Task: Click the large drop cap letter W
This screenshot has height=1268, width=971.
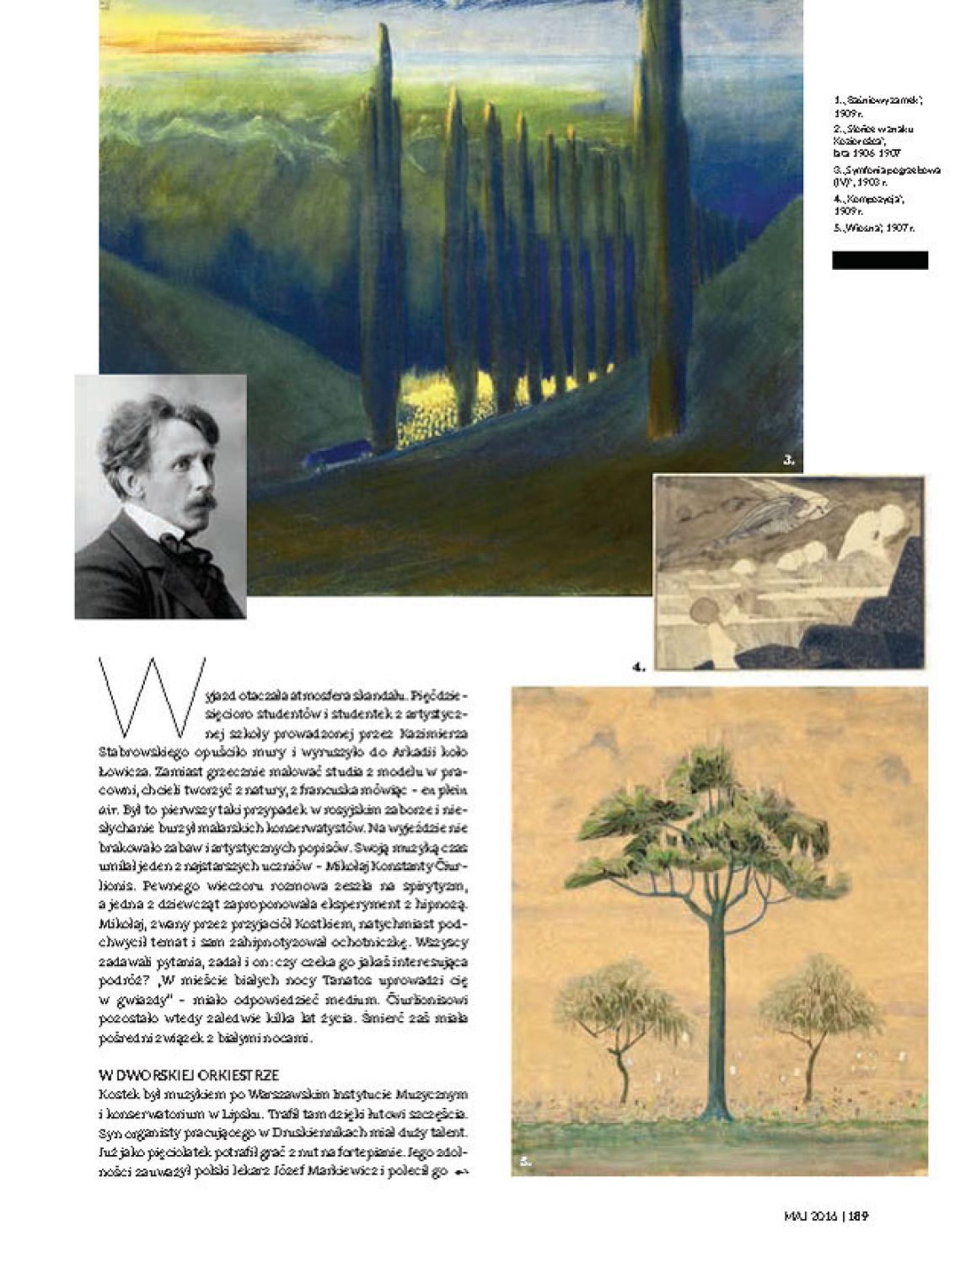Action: [152, 697]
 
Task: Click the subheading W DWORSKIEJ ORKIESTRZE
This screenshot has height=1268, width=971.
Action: [189, 1075]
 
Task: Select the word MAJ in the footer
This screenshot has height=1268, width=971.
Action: [796, 1216]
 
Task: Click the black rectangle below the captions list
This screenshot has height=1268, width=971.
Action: [879, 261]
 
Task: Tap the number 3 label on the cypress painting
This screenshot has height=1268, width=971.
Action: [789, 460]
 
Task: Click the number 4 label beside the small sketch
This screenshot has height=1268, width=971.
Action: [639, 667]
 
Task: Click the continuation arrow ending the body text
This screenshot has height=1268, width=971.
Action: [461, 1172]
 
